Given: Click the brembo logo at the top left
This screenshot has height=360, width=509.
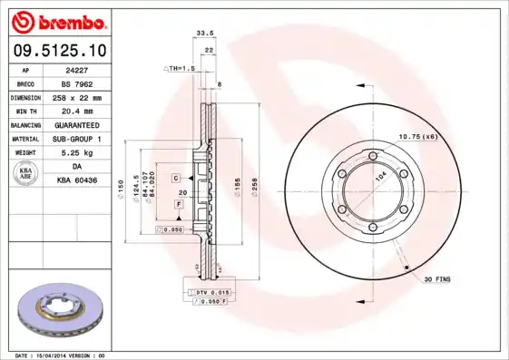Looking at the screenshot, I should click(x=58, y=21).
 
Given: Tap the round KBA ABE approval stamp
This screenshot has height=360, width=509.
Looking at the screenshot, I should click(x=26, y=173).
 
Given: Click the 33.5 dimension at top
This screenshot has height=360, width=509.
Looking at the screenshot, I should click(x=205, y=34).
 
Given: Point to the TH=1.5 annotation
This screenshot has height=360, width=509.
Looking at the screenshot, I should click(x=181, y=68).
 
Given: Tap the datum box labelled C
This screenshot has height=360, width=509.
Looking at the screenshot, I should click(x=176, y=177).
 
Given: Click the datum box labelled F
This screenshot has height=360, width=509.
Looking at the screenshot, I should click(x=179, y=205).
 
